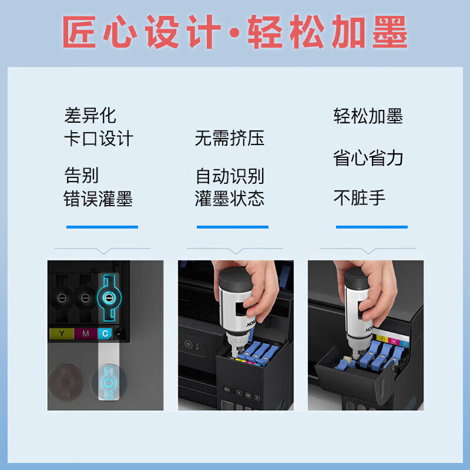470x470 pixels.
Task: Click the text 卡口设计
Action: [99, 139]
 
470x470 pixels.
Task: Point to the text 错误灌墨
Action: [99, 199]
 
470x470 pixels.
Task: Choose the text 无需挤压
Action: [230, 139]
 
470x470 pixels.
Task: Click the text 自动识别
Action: [230, 175]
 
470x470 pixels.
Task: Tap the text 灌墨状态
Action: [230, 199]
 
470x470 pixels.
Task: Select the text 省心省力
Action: [368, 158]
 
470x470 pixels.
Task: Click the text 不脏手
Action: [360, 197]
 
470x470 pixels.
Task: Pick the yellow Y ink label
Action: [62, 334]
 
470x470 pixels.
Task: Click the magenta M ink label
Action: [85, 334]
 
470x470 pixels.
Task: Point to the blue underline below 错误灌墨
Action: [102, 227]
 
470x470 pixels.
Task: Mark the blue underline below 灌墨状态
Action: [233, 227]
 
